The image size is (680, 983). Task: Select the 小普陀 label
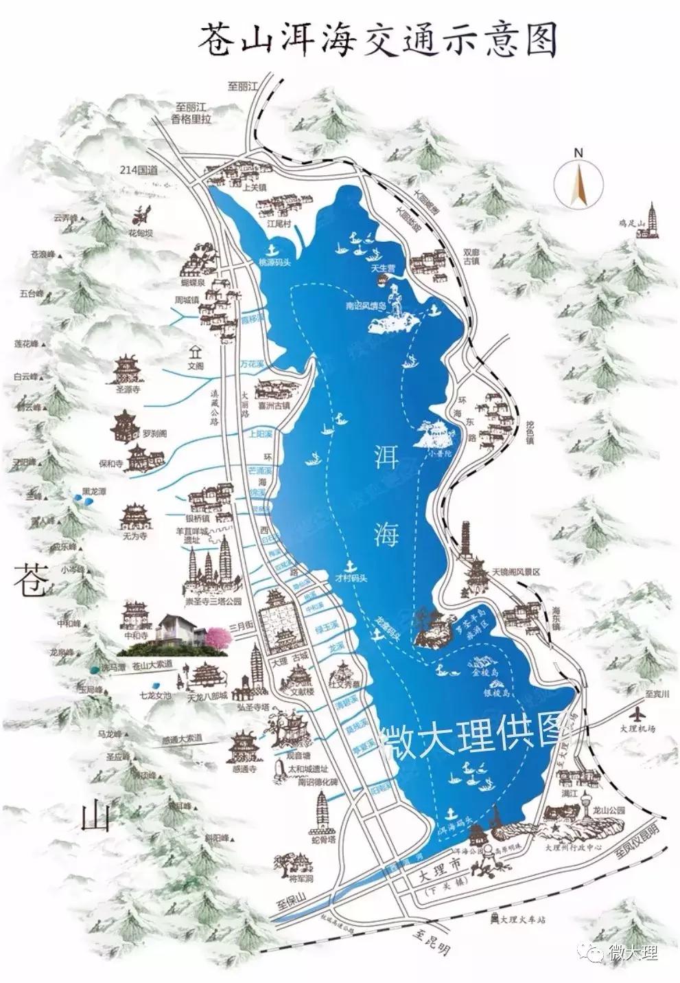pyautogui.click(x=436, y=453)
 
